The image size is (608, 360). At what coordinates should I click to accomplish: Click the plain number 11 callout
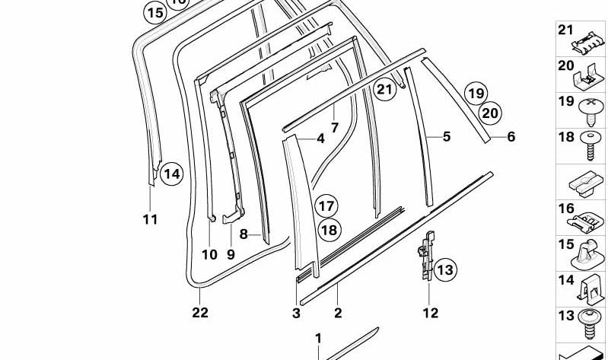pos(150,220)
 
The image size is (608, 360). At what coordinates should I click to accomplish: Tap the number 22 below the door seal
pos(200,312)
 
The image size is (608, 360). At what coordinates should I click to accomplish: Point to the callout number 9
pos(231,254)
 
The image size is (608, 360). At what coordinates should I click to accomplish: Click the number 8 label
pos(244,234)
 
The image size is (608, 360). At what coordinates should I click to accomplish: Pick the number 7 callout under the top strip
pos(334,127)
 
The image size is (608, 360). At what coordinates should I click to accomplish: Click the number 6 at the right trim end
pos(511,137)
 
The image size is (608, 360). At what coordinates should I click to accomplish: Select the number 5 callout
pos(447,137)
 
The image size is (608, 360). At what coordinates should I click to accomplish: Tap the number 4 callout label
pos(320,139)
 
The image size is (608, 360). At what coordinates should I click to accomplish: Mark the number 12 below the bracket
pos(430,312)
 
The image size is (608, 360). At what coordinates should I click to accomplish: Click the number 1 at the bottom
pos(318,338)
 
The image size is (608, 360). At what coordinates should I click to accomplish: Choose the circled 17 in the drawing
pos(326,206)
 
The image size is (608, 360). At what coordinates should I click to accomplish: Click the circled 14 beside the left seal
pos(172,174)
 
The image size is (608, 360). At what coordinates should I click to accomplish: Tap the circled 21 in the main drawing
pos(385,90)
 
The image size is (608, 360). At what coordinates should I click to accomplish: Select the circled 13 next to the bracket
pos(444,269)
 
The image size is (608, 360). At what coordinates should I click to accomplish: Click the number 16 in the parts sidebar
pos(566,209)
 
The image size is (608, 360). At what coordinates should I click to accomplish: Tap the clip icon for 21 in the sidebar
pos(591,39)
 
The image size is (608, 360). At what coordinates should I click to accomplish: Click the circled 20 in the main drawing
pos(491,113)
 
